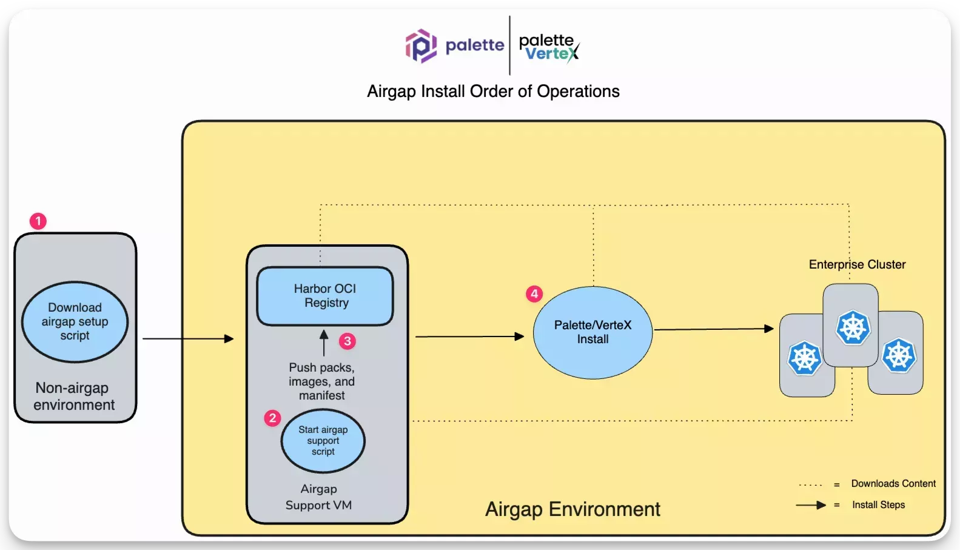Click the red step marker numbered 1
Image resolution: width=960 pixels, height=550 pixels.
(x=38, y=221)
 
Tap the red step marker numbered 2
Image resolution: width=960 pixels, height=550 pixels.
(x=272, y=418)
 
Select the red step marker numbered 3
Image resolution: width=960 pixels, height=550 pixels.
(x=347, y=341)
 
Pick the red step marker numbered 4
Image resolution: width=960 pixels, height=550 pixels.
(x=534, y=293)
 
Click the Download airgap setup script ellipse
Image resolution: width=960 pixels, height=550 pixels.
(x=75, y=322)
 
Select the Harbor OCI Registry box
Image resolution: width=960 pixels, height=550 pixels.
(x=325, y=296)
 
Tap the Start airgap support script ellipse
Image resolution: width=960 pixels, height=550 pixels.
(x=323, y=441)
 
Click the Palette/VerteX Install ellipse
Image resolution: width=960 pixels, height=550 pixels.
(x=592, y=332)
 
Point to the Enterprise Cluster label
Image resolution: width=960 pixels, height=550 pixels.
(x=857, y=264)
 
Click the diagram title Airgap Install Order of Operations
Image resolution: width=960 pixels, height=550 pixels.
(x=493, y=92)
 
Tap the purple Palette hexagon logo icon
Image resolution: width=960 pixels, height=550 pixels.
(x=421, y=46)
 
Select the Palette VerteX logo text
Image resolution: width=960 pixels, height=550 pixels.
(x=549, y=47)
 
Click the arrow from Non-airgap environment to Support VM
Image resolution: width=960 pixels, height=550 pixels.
(x=188, y=338)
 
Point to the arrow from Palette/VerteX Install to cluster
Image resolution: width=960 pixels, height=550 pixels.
(x=714, y=329)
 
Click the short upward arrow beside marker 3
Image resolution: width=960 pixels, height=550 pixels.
(x=324, y=343)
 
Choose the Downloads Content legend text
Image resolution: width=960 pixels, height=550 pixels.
(x=893, y=483)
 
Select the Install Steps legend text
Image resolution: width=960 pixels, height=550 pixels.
(x=878, y=505)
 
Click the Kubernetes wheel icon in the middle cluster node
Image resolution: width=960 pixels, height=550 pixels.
(x=853, y=327)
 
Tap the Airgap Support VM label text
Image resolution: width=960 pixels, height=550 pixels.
(x=318, y=497)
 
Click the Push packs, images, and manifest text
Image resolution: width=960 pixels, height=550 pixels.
(x=321, y=381)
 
